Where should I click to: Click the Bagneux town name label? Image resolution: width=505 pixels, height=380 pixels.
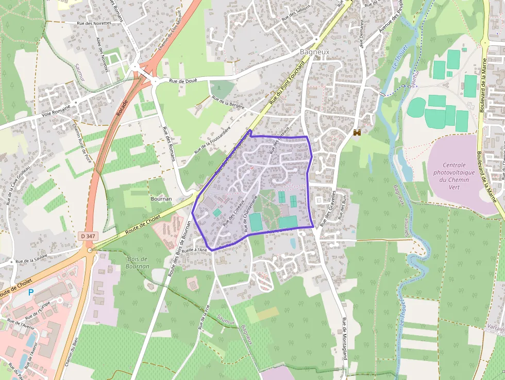coord(314,52)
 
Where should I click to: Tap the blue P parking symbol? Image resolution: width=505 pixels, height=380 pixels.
coord(31,292)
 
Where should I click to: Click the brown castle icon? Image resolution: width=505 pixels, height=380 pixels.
coord(356,133)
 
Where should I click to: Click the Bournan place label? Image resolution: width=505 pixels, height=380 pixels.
coord(160,198)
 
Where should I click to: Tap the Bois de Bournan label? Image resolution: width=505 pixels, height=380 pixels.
coord(137,262)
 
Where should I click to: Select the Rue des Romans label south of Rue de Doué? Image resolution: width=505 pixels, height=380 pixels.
coord(169,144)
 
